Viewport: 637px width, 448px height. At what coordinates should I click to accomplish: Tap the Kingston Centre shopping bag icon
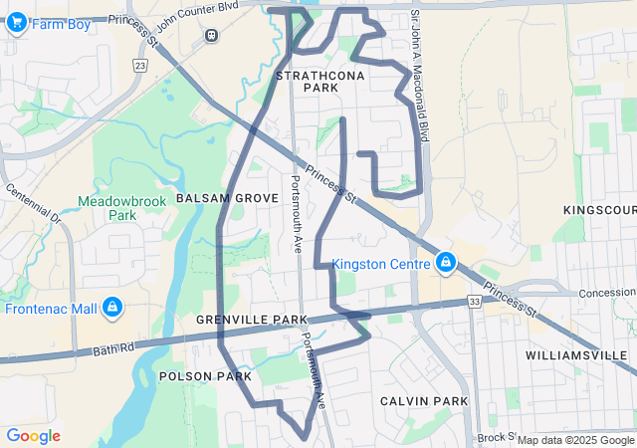[x=446, y=264]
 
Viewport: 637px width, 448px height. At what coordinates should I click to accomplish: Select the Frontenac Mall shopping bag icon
[x=112, y=308]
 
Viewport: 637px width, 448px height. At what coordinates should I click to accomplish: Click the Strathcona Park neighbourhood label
[x=307, y=82]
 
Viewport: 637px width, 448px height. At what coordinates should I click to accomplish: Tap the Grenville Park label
[x=251, y=320]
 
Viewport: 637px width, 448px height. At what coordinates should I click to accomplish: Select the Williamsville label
[x=577, y=354]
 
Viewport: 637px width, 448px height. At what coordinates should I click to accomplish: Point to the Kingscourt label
[x=600, y=210]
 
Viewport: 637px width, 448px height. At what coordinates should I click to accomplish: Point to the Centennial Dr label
[x=33, y=203]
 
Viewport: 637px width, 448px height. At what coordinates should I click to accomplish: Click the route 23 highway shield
[x=140, y=65]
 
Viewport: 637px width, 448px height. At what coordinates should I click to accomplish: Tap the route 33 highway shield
[x=475, y=300]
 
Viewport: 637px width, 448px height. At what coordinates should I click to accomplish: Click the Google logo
[x=33, y=435]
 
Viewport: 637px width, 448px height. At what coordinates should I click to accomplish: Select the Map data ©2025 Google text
[x=574, y=440]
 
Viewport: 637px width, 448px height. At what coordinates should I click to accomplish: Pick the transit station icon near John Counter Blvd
[x=211, y=35]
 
